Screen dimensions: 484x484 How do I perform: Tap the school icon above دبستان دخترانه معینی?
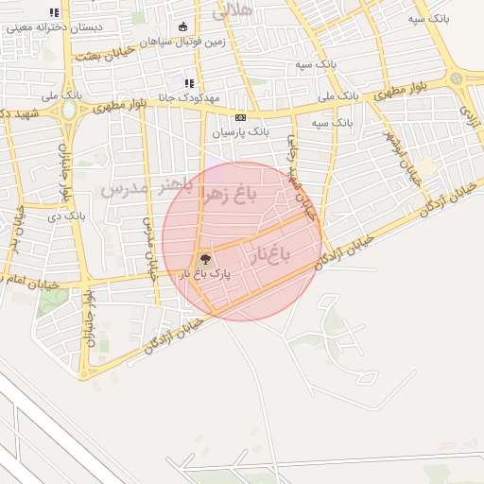(x=54, y=13)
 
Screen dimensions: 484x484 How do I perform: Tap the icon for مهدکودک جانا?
(x=188, y=83)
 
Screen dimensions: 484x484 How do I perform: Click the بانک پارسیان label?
(x=240, y=132)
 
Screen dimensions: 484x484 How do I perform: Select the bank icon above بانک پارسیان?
(x=240, y=117)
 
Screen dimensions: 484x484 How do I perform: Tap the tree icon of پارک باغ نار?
(x=204, y=258)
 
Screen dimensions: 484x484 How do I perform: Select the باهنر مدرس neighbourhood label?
(x=147, y=188)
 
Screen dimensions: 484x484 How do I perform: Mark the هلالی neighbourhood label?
(x=233, y=12)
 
